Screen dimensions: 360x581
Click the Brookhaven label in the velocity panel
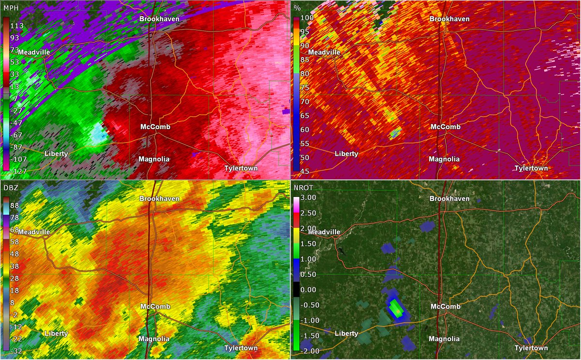pos(159,19)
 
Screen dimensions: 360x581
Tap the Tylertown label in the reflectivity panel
pos(241,348)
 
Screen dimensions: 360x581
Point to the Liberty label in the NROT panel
pos(346,333)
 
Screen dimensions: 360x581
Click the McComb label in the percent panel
pos(445,127)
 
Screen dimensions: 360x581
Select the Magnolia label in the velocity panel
pos(154,159)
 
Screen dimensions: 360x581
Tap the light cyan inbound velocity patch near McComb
pos(99,133)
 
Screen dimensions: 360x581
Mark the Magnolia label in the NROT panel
pos(444,339)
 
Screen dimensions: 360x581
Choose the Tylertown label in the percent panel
pos(531,168)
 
